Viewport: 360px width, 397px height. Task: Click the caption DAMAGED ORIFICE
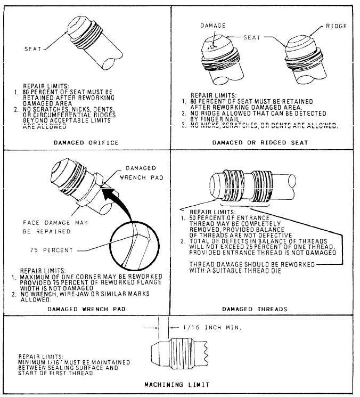[x=86, y=143]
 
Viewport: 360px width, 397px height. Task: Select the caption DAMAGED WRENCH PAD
[x=86, y=309]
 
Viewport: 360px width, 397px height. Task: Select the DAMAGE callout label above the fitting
[x=213, y=26]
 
